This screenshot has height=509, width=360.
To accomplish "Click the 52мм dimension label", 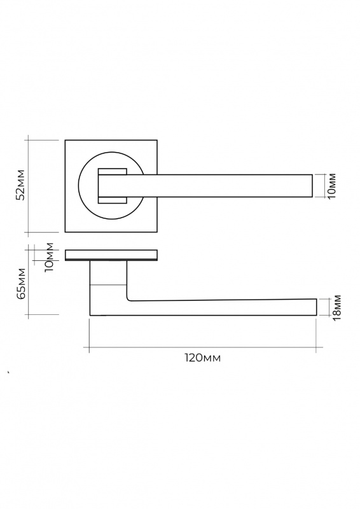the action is [x=21, y=185].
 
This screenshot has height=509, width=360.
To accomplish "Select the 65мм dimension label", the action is [x=22, y=283].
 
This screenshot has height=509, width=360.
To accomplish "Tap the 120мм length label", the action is [x=203, y=358].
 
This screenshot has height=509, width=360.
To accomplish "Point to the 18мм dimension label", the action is [x=336, y=307].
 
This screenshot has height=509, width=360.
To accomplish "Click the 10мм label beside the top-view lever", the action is [x=332, y=186].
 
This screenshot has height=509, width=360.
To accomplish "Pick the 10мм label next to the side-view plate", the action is [x=49, y=257].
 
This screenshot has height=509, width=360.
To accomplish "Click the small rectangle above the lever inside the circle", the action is [x=112, y=171].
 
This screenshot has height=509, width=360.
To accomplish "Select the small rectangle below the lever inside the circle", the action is [x=112, y=200].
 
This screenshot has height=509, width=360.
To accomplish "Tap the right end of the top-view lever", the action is [x=312, y=186].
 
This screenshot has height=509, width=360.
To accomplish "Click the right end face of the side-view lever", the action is [x=317, y=307].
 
